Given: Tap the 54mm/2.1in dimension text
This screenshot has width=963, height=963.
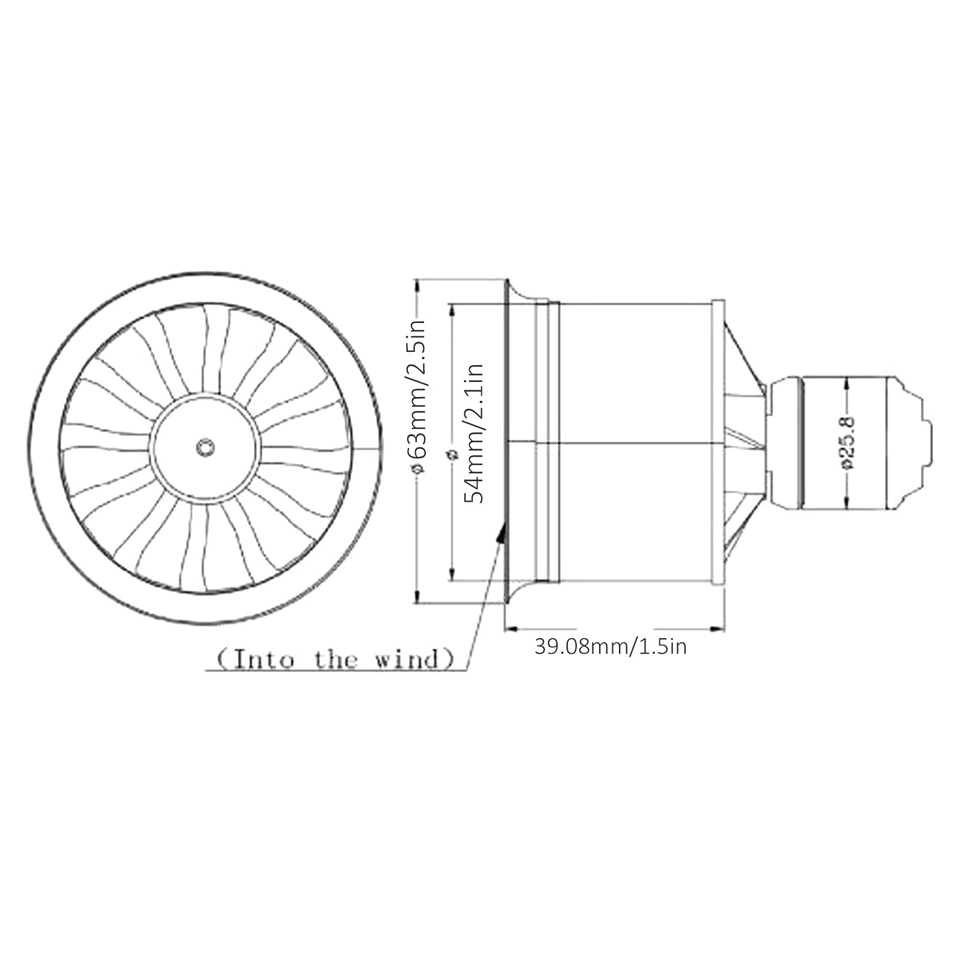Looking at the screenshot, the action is tap(475, 433).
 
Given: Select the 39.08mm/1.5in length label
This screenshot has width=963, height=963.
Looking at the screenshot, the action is tap(611, 647).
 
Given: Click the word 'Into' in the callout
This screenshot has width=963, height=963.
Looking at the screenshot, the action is tap(263, 660).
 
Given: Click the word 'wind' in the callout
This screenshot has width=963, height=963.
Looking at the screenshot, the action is tap(407, 660).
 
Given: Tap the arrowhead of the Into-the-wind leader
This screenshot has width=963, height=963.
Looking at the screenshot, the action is tap(500, 532).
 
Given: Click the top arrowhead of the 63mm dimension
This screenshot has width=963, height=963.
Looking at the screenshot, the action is tap(417, 285).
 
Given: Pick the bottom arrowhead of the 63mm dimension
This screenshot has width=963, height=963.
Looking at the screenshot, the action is tap(417, 596).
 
